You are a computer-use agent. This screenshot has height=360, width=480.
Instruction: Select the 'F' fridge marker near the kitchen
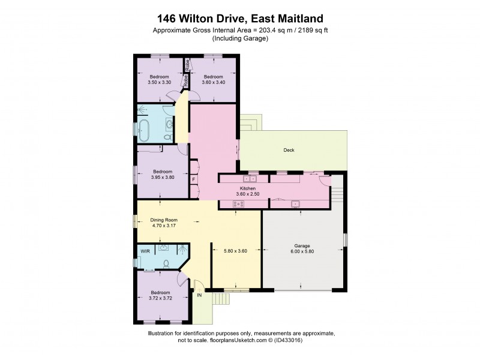(194, 179)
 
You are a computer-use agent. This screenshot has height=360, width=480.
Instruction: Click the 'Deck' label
(289, 151)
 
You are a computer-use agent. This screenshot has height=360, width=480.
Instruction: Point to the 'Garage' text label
(301, 245)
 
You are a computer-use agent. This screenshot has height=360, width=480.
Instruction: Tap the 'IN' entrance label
(199, 295)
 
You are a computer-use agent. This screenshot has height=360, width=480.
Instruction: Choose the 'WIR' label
(145, 251)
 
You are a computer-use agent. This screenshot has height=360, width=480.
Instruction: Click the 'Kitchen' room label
(240, 188)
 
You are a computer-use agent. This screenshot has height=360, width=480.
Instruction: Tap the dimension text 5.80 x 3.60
(236, 251)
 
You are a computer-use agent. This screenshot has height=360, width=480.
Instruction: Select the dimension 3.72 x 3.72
(160, 298)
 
